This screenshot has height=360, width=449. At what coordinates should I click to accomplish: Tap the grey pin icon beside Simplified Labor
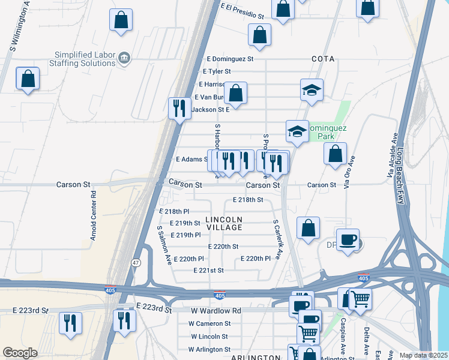[124, 58]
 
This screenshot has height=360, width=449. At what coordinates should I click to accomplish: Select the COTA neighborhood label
[322, 59]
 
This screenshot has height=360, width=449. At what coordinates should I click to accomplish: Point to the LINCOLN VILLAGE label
[224, 223]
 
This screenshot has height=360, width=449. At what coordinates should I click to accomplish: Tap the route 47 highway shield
[136, 263]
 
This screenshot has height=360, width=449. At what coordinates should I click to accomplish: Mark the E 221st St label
[208, 271]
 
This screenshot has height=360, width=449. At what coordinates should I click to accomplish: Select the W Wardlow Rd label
[215, 311]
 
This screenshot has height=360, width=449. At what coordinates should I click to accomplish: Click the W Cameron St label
[209, 323]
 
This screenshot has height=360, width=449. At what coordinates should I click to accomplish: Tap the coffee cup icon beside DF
[348, 241]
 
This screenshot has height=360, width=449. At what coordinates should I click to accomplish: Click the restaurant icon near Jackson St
[179, 108]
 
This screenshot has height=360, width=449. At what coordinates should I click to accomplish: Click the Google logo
[20, 352]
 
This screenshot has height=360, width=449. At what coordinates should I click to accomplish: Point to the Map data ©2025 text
[424, 355]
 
